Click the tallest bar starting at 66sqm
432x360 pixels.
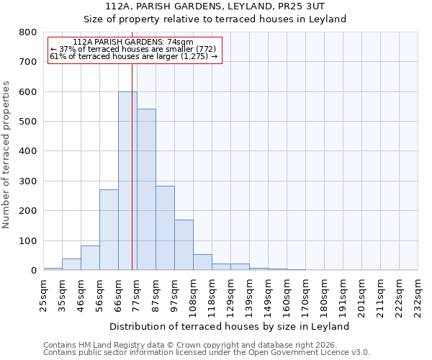127,181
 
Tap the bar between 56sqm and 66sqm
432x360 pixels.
109,230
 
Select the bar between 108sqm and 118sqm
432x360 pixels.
202,262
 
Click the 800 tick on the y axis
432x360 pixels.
28,32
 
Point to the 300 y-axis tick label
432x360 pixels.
28,181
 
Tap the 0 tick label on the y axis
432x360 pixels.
33,271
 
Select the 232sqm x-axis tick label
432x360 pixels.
418,296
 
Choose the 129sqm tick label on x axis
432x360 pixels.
230,296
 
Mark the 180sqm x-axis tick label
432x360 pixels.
324,296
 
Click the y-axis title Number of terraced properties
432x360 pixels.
6,155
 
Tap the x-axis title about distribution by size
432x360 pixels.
230,326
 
